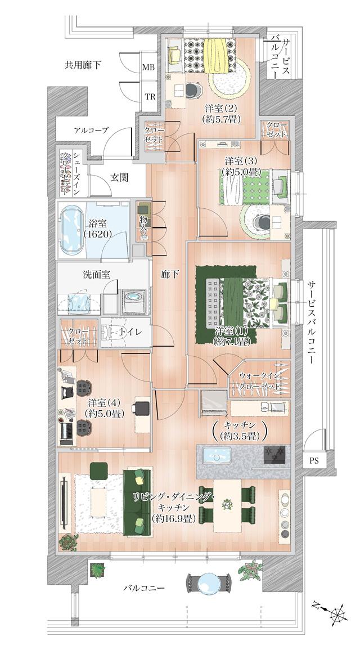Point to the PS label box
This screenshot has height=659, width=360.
coord(314,461)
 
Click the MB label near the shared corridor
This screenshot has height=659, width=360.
coord(148,67)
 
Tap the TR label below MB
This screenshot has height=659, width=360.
coord(150,97)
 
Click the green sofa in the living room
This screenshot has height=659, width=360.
coord(137,502)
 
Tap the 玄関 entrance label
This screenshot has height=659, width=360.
coord(119,178)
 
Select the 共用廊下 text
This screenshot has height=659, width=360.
coord(83,65)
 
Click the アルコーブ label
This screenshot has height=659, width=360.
coord(91,131)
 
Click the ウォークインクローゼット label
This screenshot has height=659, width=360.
coord(258,380)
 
